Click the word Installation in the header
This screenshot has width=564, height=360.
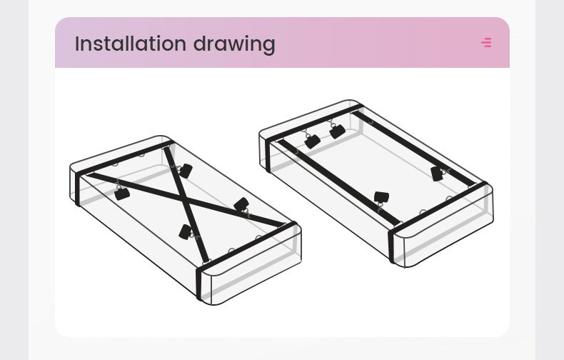coord(131,44)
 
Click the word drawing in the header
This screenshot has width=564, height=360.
coord(234,44)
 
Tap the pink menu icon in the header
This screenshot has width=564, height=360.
coord(486,42)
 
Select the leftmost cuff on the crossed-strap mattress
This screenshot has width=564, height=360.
coord(122,194)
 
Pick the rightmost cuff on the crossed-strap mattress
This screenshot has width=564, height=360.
coord(241,204)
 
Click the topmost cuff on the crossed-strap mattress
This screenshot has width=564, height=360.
coord(185,171)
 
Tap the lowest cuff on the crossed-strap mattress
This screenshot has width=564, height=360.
coord(185,232)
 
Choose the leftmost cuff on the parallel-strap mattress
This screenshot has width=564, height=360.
coord(312,141)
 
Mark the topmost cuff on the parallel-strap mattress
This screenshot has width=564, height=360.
coord(338,131)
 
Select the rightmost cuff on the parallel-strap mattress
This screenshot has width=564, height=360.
coord(437,174)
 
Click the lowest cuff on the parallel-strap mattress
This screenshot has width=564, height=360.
coord(381,197)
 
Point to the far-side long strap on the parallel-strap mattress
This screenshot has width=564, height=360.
coord(414,149)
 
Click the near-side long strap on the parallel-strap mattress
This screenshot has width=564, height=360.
coord(339,182)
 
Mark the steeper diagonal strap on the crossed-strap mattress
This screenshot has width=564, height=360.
coord(186,204)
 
